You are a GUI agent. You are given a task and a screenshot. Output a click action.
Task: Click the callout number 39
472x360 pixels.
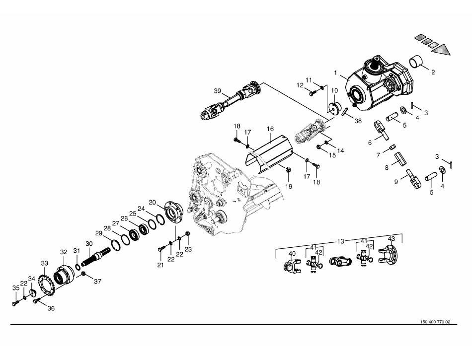click(217, 91)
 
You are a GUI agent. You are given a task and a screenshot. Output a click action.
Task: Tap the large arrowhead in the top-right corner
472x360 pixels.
click(446, 49)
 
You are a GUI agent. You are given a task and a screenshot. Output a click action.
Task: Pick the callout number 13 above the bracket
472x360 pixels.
click(340, 241)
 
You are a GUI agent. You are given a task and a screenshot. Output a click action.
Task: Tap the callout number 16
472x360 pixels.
click(270, 129)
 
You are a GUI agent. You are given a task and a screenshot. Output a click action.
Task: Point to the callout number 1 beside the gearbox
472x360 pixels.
click(336, 73)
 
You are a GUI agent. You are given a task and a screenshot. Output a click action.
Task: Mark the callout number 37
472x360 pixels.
click(97, 282)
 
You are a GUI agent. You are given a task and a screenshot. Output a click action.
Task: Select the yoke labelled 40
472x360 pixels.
click(291, 267)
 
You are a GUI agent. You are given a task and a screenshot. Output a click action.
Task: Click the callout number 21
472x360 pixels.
click(160, 266)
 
